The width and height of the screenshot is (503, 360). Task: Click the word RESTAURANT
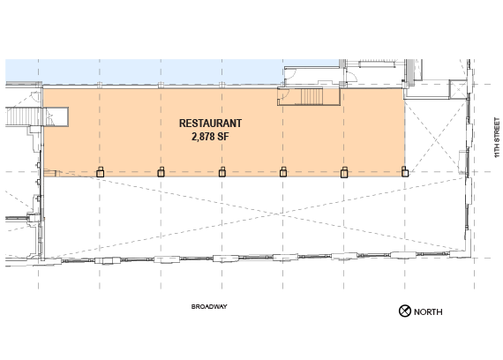click(210, 124)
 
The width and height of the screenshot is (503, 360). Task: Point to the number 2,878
click(203, 137)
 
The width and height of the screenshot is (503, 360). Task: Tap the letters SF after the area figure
click(223, 137)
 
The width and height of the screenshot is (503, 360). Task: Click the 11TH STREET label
click(497, 138)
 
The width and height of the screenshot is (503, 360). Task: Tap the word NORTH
click(428, 311)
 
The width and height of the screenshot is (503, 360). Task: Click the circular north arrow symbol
click(405, 311)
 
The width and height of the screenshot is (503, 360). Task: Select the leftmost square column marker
click(100, 172)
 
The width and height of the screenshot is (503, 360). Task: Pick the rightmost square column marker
click(405, 172)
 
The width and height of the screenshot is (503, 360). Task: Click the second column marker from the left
click(161, 172)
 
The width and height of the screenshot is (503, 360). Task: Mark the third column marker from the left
click(222, 172)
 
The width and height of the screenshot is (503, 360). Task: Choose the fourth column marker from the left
click(283, 172)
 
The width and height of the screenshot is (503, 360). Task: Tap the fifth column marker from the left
click(344, 172)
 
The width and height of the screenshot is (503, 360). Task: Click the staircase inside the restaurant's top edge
click(312, 96)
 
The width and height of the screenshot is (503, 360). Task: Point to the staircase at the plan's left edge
click(24, 116)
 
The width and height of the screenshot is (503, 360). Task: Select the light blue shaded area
click(145, 71)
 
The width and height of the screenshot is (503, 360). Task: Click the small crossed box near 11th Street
click(458, 89)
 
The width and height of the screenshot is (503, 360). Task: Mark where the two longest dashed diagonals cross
click(275, 214)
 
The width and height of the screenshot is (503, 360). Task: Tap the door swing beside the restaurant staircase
click(284, 94)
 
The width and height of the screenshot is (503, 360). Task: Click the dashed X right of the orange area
click(436, 138)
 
